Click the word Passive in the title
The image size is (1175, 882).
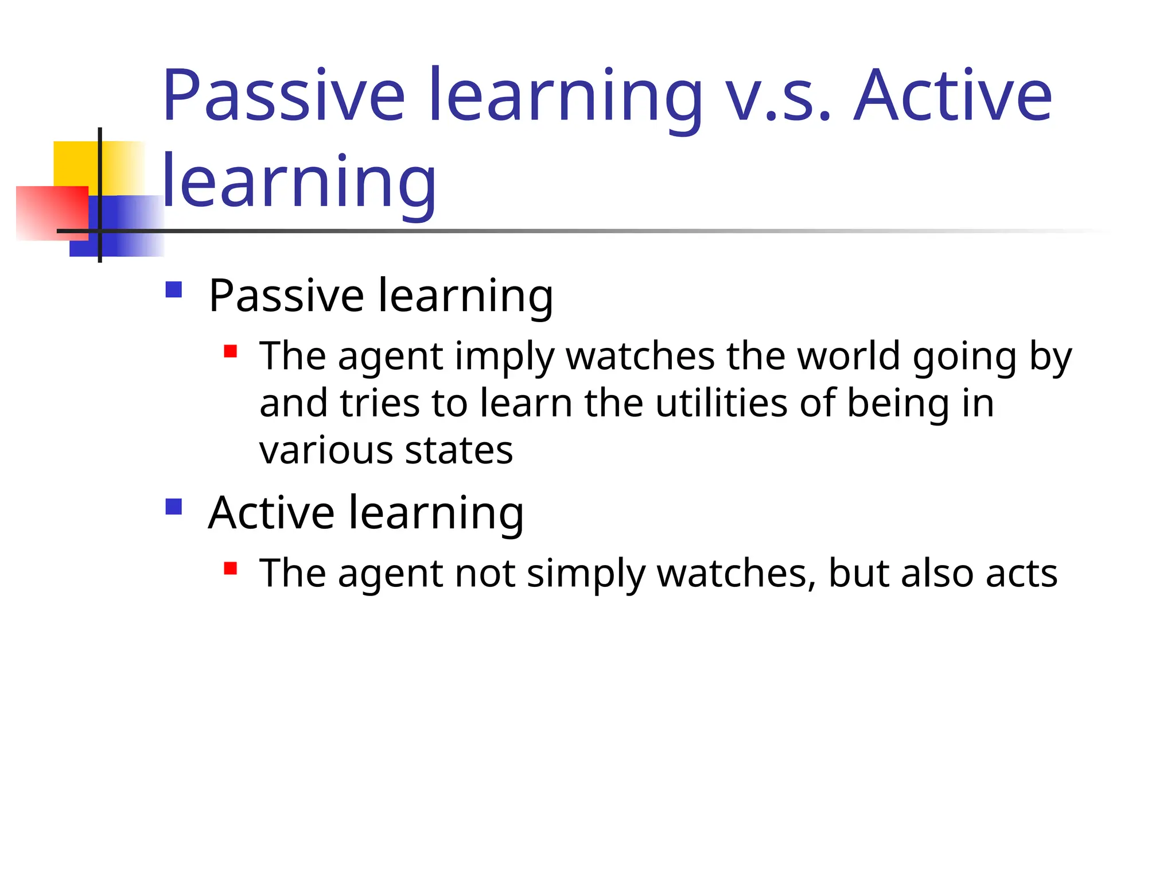click(x=284, y=96)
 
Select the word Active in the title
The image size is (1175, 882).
click(x=952, y=96)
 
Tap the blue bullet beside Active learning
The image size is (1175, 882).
click(x=173, y=506)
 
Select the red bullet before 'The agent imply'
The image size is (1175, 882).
click(x=231, y=351)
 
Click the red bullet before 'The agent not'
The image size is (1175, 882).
click(x=231, y=568)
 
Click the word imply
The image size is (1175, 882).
click(x=504, y=357)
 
